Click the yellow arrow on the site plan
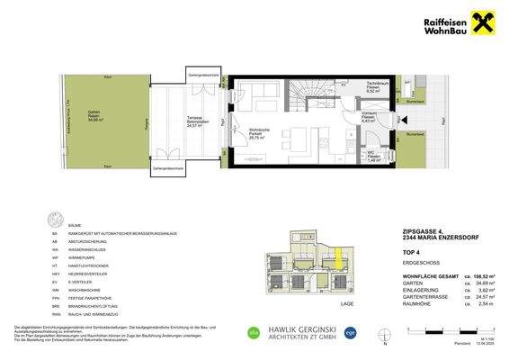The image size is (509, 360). point(339,258)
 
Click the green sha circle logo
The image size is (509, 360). point(253,335)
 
